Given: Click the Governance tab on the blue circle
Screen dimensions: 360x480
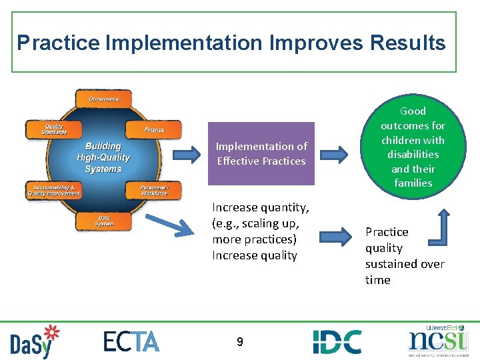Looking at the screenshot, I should point(104,99).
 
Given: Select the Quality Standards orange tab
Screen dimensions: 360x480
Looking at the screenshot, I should point(55,129).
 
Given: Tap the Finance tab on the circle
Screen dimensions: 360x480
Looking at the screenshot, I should point(153,129).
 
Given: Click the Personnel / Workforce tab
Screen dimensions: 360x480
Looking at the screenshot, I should point(154,190).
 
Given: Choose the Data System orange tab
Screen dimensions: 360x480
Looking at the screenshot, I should point(104,221).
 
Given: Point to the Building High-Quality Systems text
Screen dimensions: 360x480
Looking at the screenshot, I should point(103,157).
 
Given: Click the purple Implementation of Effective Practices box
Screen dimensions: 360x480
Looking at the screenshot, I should point(261,153).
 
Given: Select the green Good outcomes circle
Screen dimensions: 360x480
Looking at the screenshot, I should point(413,147).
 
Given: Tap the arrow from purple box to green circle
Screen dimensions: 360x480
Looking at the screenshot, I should point(334,155).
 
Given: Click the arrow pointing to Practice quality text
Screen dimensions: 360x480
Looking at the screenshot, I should point(334,237).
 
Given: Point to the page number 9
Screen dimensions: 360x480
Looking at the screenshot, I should point(239,342).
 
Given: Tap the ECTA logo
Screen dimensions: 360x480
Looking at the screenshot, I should point(131,341).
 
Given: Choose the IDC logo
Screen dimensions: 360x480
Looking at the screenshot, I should point(337,341).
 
